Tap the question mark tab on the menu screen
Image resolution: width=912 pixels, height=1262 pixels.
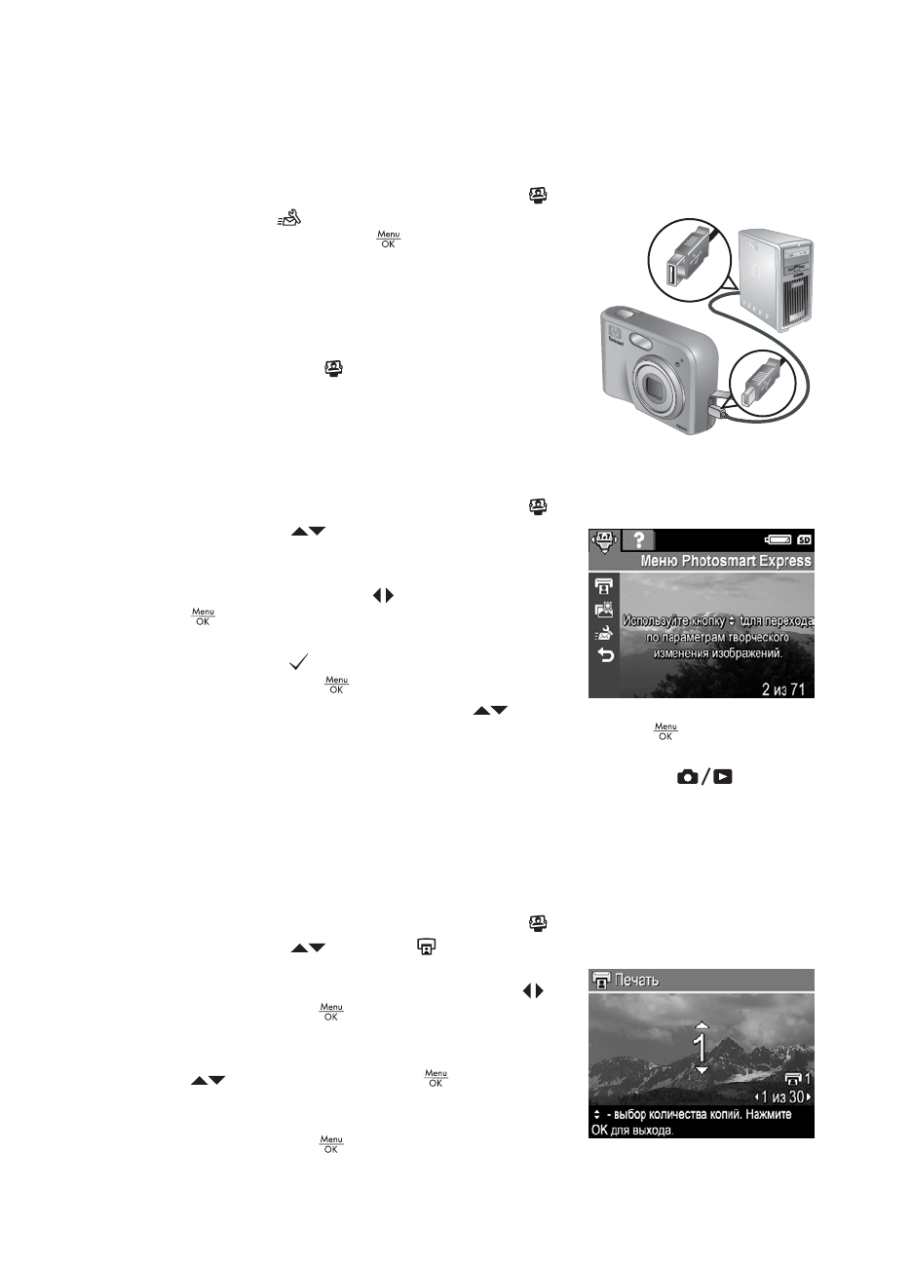(x=640, y=540)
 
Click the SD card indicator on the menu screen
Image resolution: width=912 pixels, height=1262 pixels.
(x=804, y=539)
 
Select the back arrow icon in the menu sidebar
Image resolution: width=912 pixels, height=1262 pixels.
(x=604, y=656)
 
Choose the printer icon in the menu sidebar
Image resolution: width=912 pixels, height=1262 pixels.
(x=604, y=585)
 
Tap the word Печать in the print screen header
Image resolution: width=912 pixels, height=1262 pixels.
(x=636, y=980)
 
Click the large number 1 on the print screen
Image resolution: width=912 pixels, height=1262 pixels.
(x=700, y=1047)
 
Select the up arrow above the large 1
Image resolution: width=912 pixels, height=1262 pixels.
(x=700, y=1024)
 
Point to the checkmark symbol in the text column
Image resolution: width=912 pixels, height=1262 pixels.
(x=299, y=662)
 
